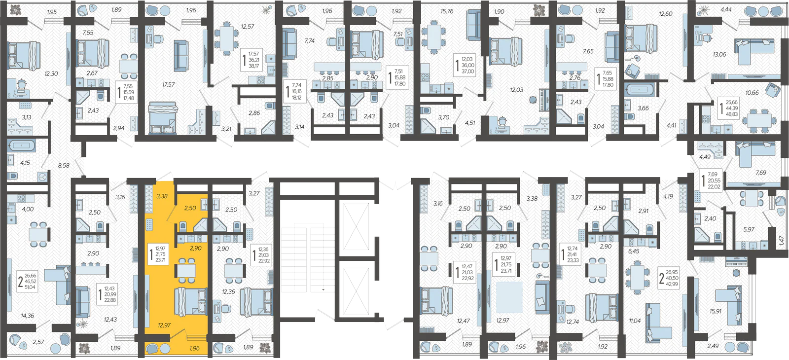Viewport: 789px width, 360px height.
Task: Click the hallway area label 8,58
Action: point(64,166)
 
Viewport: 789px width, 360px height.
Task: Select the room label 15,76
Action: point(447,11)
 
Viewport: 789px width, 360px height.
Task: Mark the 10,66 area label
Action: point(752,93)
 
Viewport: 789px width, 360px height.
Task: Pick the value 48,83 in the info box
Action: point(731,114)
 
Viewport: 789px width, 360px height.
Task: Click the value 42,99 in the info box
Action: point(672,284)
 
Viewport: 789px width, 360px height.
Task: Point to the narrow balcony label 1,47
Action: point(781,240)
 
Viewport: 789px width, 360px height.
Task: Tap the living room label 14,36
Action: point(27,316)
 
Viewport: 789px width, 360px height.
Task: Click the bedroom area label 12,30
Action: point(51,73)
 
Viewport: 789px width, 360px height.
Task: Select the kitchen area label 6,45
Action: point(633,251)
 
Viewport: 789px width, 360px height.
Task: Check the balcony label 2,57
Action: point(38,342)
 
